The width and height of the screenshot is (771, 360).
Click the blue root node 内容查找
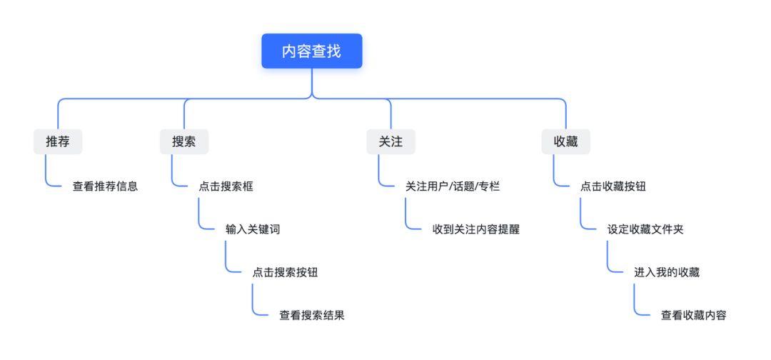(x=311, y=51)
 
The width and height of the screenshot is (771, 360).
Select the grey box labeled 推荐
(x=58, y=141)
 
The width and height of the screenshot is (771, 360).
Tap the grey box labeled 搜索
(x=184, y=141)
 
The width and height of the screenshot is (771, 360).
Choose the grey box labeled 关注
(x=390, y=141)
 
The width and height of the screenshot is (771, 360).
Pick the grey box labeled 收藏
(x=566, y=141)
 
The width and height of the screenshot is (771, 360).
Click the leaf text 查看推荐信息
(x=105, y=187)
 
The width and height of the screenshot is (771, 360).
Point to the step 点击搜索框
(x=226, y=187)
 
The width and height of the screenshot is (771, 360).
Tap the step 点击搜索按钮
(x=285, y=272)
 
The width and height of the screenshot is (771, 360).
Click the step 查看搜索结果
(x=312, y=315)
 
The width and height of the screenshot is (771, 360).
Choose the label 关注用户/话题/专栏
(x=453, y=187)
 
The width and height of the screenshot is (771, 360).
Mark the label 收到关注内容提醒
(x=476, y=229)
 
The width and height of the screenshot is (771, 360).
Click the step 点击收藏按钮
(x=613, y=187)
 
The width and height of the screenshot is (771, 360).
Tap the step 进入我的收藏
(x=667, y=272)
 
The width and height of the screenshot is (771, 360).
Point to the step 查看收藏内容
(x=694, y=315)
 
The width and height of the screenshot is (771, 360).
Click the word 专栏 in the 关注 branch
(x=489, y=187)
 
